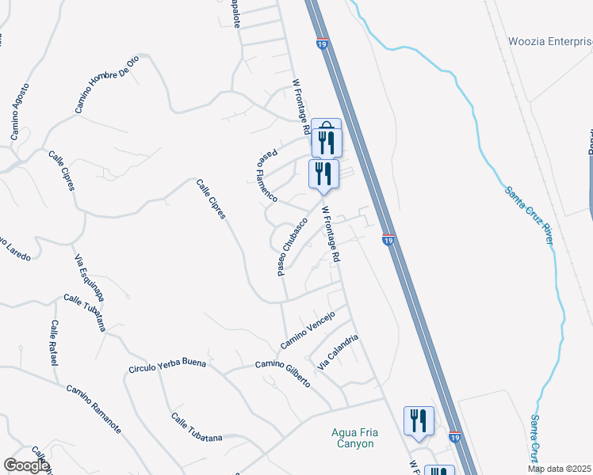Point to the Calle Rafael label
point(54,343)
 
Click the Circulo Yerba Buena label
point(167,366)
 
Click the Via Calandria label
point(339,353)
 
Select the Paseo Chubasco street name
point(292,247)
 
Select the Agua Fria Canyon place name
point(352,438)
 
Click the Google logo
point(26,465)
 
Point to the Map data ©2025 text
point(560,469)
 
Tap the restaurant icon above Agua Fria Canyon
point(419,420)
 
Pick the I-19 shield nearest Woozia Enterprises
point(322,45)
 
